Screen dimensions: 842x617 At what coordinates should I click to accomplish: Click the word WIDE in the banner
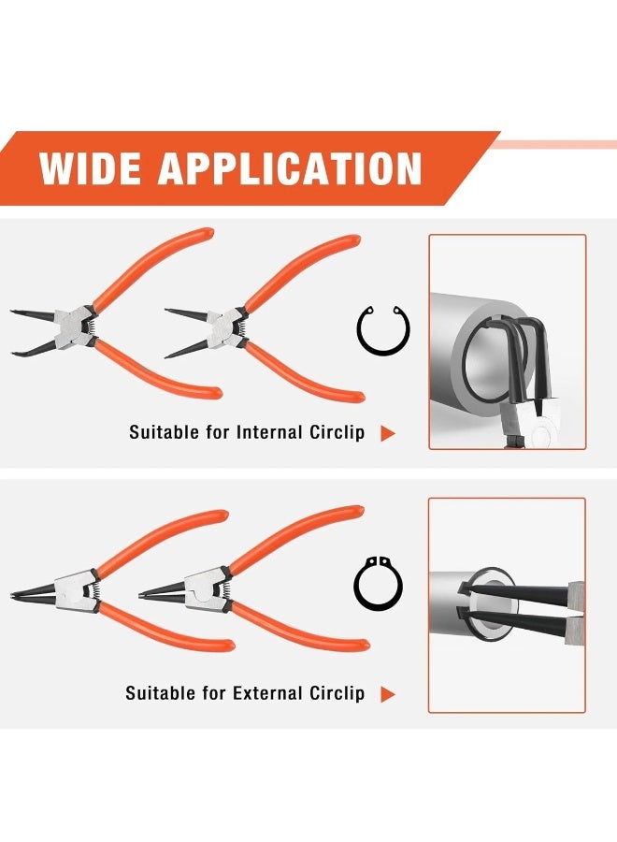coord(91,169)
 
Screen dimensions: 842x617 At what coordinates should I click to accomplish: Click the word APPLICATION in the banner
coord(291,169)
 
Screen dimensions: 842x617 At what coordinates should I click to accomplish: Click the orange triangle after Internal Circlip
coord(388,434)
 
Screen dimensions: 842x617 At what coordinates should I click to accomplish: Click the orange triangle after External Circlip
coord(388,694)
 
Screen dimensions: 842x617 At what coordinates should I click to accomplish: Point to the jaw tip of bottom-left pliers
coord(14,596)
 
